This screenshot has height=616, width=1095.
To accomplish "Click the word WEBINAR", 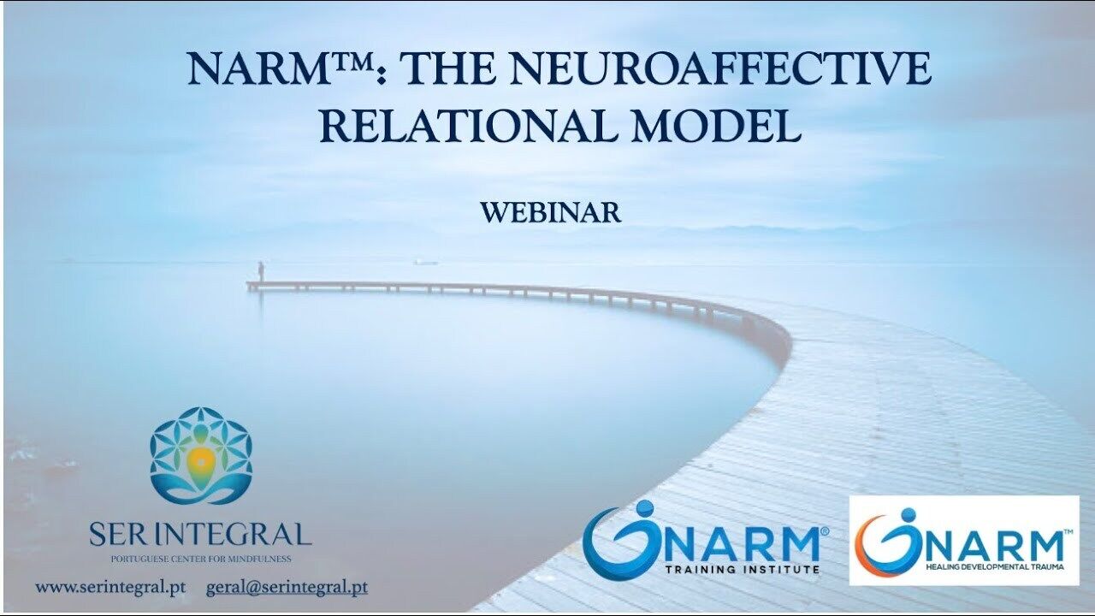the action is click(551, 213).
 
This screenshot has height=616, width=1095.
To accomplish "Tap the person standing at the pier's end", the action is click(261, 272).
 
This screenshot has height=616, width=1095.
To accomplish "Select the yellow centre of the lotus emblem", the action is click(200, 460).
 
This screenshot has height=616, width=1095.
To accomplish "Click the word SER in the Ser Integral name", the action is click(118, 535).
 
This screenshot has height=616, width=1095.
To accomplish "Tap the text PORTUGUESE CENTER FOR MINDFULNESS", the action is click(201, 559).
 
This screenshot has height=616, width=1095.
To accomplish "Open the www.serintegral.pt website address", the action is click(110, 587).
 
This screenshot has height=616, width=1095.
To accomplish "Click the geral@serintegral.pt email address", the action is click(287, 587).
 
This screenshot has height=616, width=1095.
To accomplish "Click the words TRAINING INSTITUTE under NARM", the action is click(743, 569).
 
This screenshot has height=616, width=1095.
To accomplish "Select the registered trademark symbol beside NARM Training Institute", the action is click(825, 530).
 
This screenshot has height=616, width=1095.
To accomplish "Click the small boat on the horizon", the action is click(426, 263).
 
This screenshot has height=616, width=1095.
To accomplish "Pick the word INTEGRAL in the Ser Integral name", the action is click(231, 535).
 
